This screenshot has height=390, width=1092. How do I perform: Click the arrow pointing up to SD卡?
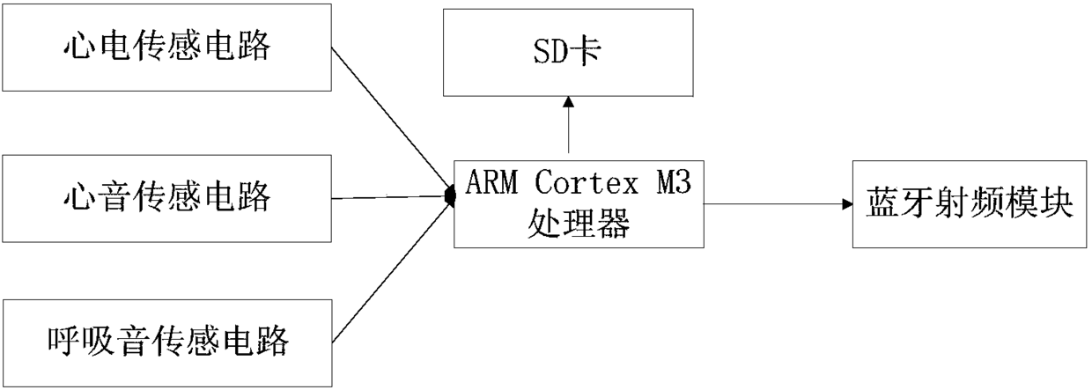point(568,128)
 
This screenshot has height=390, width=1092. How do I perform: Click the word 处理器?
point(579,224)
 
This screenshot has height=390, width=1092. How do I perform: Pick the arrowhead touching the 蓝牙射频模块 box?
point(847,204)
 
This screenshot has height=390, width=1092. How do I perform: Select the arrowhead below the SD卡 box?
point(568,101)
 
